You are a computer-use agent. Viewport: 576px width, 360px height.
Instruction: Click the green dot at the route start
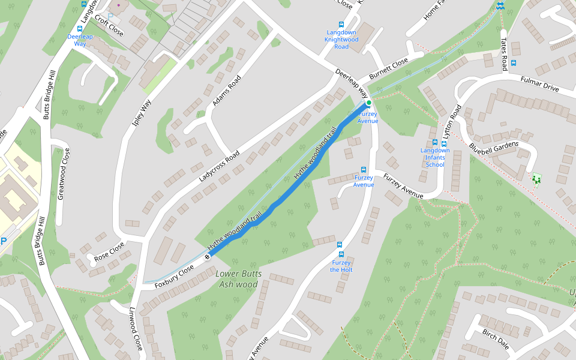pos(368,103)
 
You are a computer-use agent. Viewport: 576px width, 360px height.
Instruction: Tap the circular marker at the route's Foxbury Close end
pos(208,257)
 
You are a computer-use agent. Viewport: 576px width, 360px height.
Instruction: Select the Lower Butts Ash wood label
pos(238,279)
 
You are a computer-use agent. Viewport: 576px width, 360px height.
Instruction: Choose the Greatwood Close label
pos(63,173)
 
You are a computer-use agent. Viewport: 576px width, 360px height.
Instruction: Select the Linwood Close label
pos(136,329)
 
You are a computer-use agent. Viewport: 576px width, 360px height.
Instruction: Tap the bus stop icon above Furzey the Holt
pos(340,245)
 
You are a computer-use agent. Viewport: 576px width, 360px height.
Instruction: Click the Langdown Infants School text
pos(435,158)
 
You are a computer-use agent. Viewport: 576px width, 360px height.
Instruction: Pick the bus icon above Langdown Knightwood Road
pos(341,25)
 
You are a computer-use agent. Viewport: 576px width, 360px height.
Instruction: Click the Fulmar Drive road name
pos(539,84)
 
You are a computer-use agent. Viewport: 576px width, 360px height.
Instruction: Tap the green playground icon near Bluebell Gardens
pos(536,179)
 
